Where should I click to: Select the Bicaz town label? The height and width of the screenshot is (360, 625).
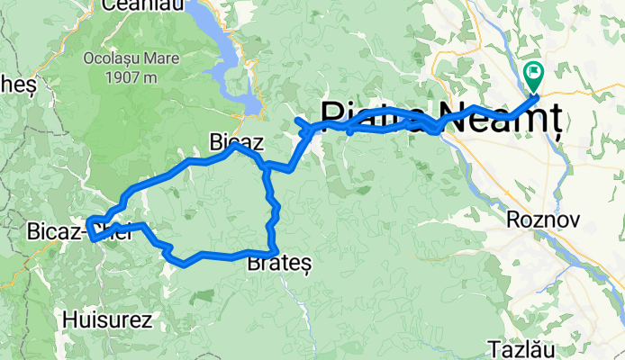(236, 141)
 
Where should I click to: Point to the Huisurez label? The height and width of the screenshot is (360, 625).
(107, 319)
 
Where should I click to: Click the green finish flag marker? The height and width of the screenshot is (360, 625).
(533, 72)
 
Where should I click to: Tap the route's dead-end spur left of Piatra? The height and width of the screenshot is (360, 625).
(297, 120)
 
